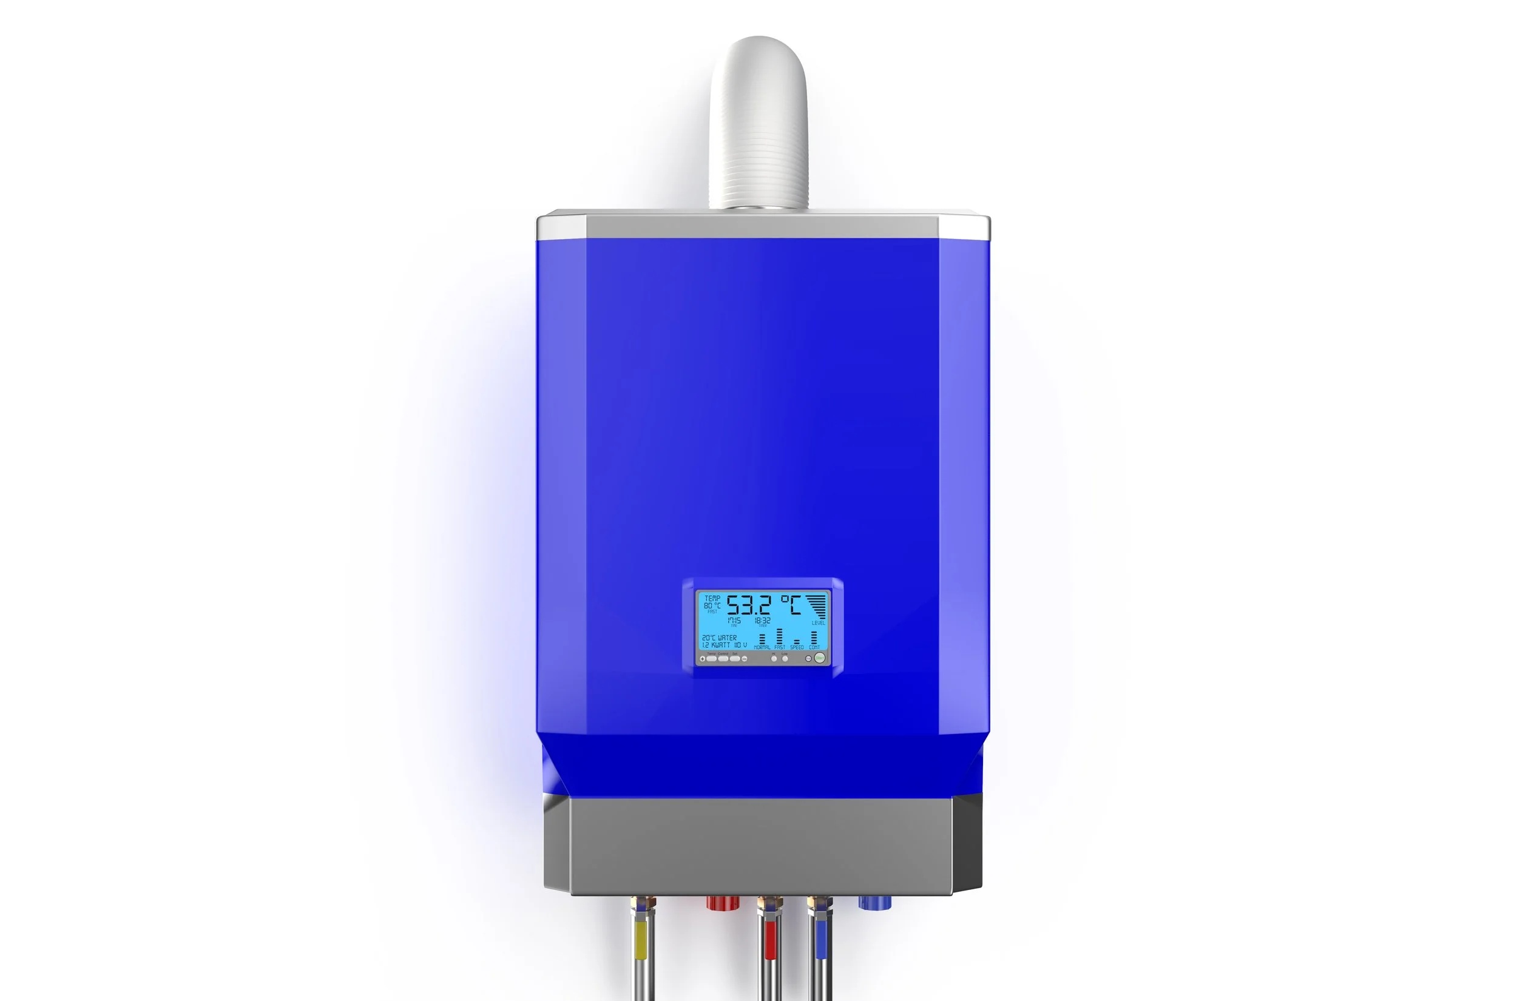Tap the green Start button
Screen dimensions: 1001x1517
[x=820, y=658]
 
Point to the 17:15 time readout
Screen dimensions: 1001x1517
[x=734, y=621]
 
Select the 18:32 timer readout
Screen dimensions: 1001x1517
[x=762, y=621]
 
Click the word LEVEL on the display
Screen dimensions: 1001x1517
[x=818, y=623]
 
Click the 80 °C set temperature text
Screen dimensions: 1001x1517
[x=712, y=605]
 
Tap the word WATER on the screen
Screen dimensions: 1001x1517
[x=727, y=638]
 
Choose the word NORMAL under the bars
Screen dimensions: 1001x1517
[x=762, y=647]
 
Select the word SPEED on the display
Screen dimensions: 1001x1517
[x=797, y=647]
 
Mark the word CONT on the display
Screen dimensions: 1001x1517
[x=814, y=647]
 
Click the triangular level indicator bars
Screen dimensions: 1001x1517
[x=817, y=605]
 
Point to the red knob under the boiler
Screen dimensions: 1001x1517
[x=723, y=903]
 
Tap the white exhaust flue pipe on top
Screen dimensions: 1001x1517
[x=758, y=121]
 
